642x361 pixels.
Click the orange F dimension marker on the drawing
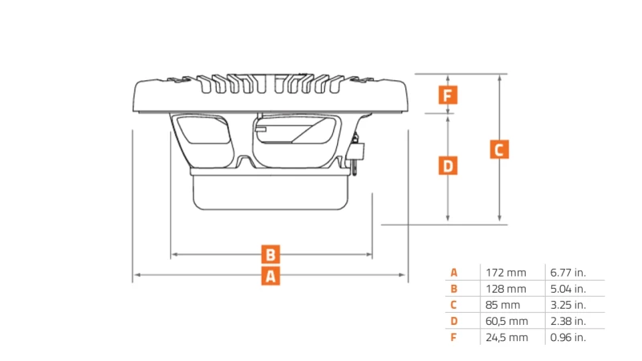tap(449, 95)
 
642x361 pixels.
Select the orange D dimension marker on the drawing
tap(449, 166)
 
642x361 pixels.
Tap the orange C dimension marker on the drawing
tap(499, 149)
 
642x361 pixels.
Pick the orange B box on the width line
tap(271, 254)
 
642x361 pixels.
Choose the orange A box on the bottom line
tap(271, 276)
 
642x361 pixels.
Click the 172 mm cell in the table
tap(506, 273)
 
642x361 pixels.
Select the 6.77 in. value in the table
tap(568, 273)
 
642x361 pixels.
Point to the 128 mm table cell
tap(506, 289)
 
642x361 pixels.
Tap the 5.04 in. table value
tap(568, 289)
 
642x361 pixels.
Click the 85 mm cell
tap(502, 305)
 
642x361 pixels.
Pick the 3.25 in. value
tap(568, 305)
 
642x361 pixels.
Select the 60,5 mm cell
tap(507, 321)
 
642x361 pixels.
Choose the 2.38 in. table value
tap(568, 321)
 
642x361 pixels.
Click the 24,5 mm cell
tap(507, 338)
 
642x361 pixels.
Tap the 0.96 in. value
tap(568, 338)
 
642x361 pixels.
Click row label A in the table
tap(453, 273)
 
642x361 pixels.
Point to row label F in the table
tap(453, 338)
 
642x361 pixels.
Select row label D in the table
tap(453, 321)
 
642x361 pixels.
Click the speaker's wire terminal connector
tap(356, 153)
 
